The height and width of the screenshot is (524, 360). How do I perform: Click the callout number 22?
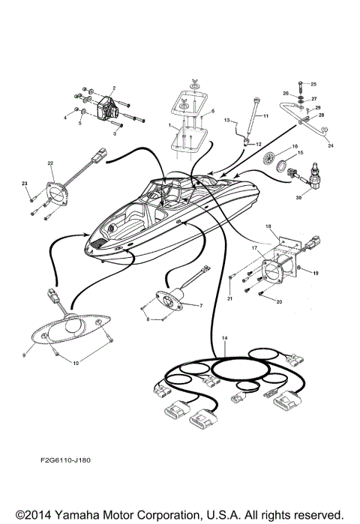[x=51, y=163]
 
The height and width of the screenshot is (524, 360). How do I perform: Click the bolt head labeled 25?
[x=300, y=84]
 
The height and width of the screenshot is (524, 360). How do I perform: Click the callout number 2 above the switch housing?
[x=114, y=88]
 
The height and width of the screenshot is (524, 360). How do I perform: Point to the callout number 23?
[x=25, y=184]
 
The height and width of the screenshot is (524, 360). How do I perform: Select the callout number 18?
[x=269, y=225]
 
